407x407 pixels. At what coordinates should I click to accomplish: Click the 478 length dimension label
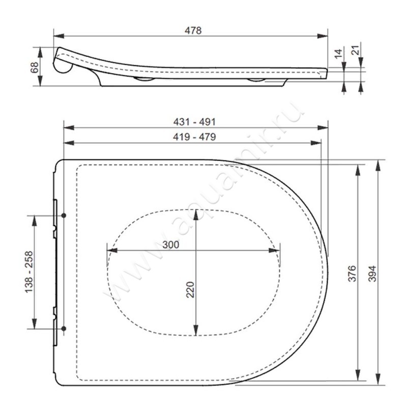point(193,31)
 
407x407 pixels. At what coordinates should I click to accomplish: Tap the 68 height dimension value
point(35,67)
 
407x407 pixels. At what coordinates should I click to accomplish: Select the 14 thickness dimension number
point(338,54)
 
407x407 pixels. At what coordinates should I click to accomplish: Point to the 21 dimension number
point(355,50)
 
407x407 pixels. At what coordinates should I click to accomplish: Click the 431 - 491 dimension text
point(194,122)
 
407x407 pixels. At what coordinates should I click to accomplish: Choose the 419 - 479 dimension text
point(194,137)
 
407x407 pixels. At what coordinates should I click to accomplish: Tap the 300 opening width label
point(171,245)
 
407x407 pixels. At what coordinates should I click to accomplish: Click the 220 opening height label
point(191,290)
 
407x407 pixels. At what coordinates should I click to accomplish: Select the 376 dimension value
point(352,274)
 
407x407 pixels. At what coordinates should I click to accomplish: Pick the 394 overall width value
point(372,274)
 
